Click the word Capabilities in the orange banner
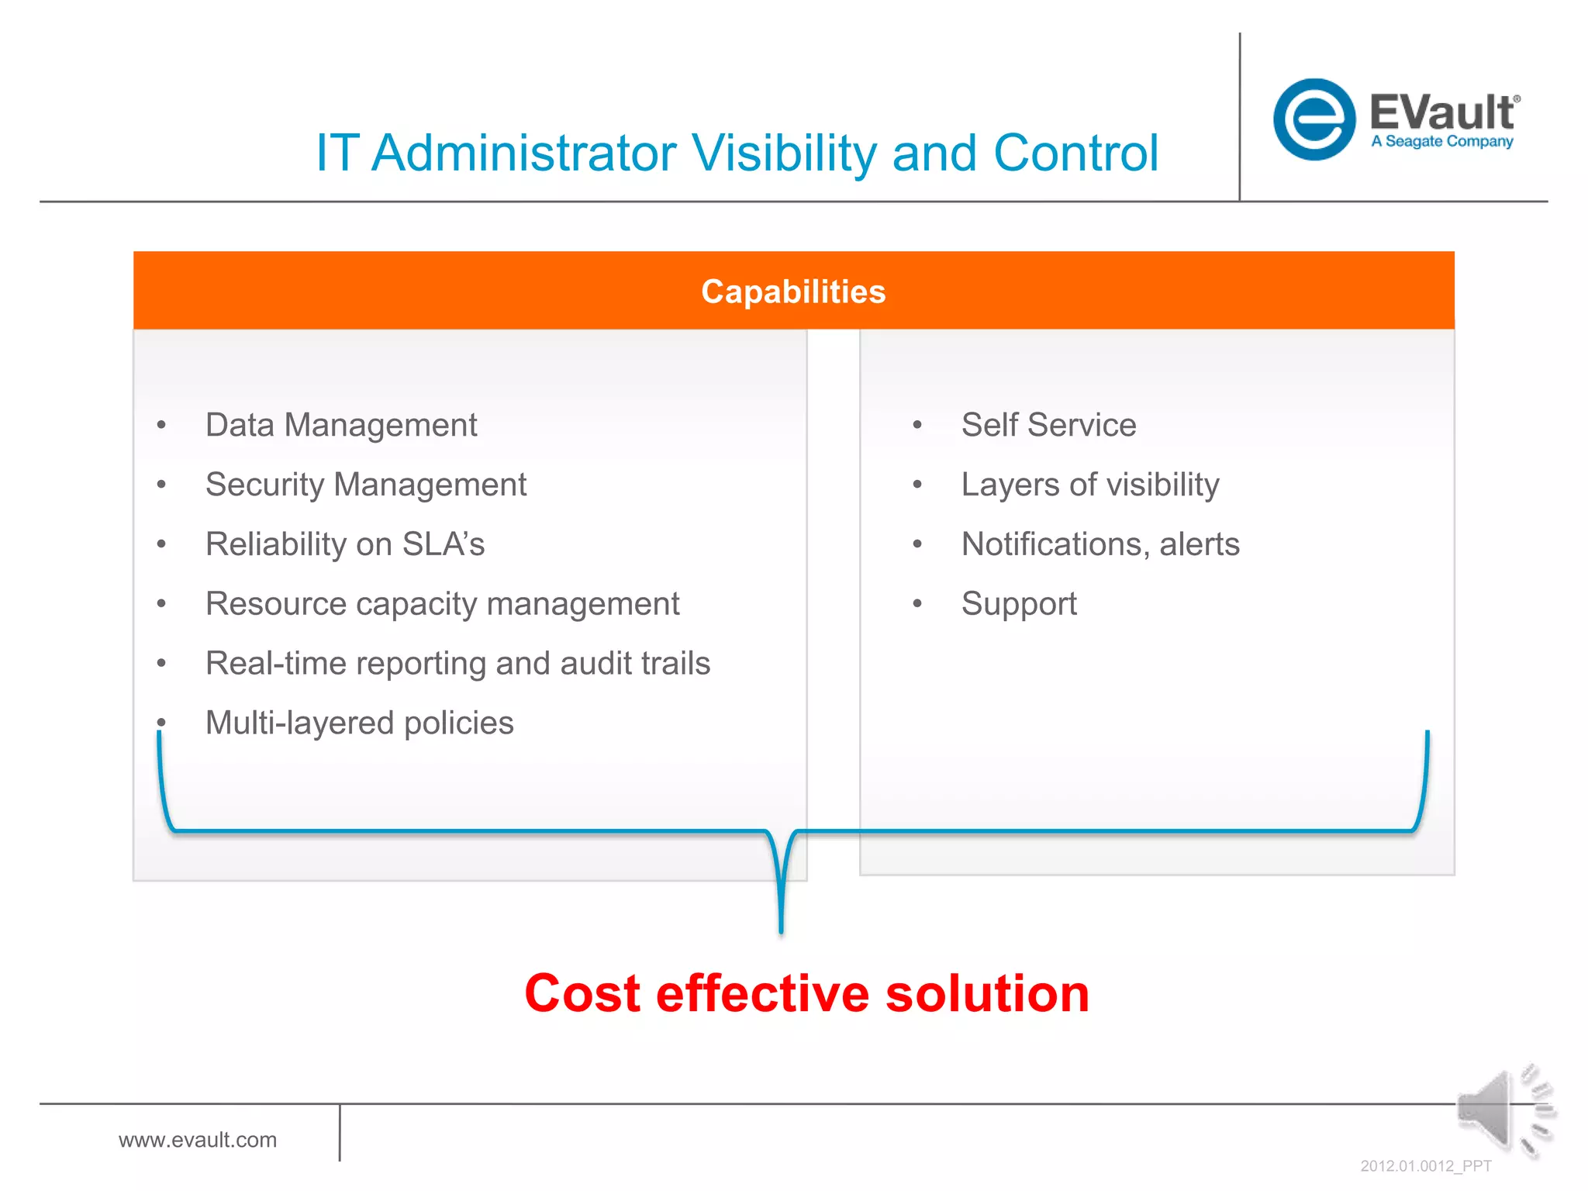[793, 292]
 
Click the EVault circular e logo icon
[1314, 119]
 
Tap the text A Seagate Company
[1441, 141]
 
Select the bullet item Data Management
[341, 425]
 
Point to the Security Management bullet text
[366, 485]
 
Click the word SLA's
[444, 544]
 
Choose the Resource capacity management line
[442, 604]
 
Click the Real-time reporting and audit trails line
[457, 664]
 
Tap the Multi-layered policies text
[359, 723]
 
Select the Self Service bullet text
[1048, 425]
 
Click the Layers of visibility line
[1089, 485]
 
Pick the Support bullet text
[1019, 604]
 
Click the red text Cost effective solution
[806, 993]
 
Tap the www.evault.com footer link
[198, 1140]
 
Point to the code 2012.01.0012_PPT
[1425, 1166]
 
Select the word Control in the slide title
[1075, 153]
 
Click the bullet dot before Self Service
[917, 425]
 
